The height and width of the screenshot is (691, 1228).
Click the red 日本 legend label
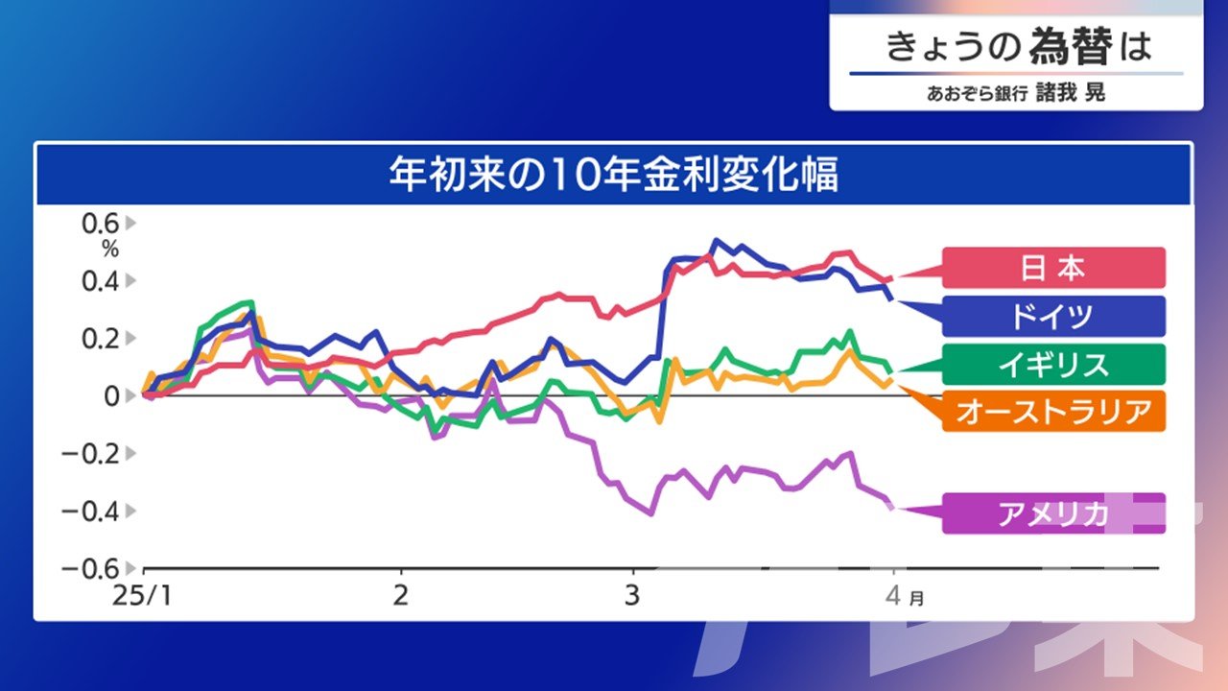(x=1053, y=268)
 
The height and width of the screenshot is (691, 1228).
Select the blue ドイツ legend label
(x=1053, y=316)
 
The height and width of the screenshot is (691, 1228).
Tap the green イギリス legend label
(x=1053, y=364)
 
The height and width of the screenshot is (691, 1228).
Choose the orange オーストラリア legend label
(x=1053, y=412)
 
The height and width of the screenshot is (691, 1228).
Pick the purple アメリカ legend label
(x=1053, y=513)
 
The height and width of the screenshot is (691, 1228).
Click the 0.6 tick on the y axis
(x=101, y=224)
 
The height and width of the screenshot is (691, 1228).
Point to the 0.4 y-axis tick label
(x=101, y=281)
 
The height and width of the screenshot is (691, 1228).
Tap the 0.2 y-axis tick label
(x=101, y=339)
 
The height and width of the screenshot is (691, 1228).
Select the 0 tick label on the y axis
(x=111, y=396)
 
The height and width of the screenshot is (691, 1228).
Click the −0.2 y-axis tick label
(x=90, y=454)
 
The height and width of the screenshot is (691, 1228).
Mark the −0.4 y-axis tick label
(x=90, y=512)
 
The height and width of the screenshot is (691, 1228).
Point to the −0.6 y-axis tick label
(x=90, y=569)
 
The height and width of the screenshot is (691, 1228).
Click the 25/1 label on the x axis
(x=142, y=596)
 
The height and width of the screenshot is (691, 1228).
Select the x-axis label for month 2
(x=401, y=596)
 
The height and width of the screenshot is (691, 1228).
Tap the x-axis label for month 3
(x=632, y=596)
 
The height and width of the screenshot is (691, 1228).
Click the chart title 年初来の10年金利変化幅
(x=614, y=175)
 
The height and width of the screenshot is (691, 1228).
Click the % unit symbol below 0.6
(x=110, y=250)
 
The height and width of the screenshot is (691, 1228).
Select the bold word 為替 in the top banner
(x=1071, y=46)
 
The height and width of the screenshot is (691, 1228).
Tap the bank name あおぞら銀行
(x=977, y=93)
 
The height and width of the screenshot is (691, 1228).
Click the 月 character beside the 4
(x=916, y=598)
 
